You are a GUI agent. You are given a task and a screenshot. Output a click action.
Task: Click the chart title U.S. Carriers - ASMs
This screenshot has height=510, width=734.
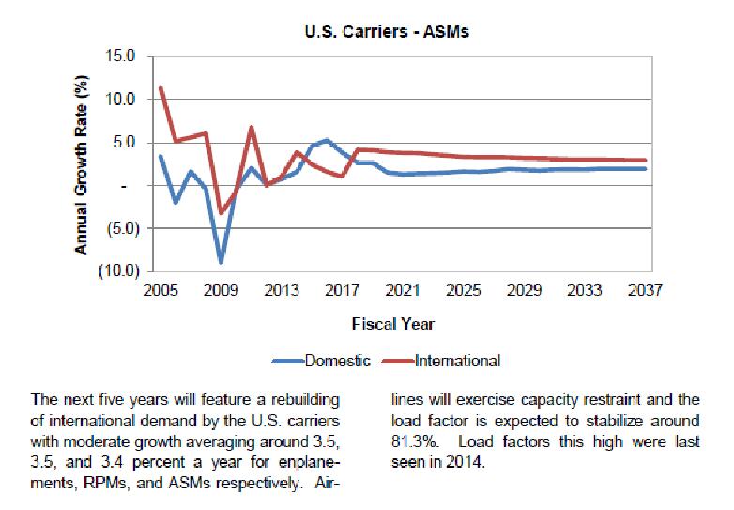pyautogui.click(x=387, y=31)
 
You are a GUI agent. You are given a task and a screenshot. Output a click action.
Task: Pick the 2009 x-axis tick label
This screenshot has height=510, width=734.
pyautogui.click(x=221, y=291)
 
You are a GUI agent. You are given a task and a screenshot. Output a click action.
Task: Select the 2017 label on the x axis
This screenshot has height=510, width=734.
pyautogui.click(x=342, y=291)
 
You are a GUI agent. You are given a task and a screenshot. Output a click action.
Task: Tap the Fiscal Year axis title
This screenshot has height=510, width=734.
pyautogui.click(x=392, y=324)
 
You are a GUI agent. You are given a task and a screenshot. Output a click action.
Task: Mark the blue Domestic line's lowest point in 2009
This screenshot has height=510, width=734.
pyautogui.click(x=221, y=262)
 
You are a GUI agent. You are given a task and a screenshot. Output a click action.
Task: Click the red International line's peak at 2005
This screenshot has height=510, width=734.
pyautogui.click(x=161, y=88)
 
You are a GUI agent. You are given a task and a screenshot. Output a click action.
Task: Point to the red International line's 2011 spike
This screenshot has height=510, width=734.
pyautogui.click(x=251, y=127)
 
